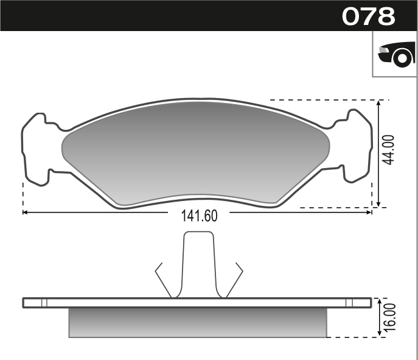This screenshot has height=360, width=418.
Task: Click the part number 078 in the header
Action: (368, 16)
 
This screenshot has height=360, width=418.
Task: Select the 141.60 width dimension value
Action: (199, 216)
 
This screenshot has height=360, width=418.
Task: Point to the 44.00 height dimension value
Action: (389, 150)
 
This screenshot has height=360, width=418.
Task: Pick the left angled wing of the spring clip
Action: (163, 279)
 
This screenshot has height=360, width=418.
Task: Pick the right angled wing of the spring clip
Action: (235, 279)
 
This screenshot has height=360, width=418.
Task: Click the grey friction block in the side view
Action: (198, 322)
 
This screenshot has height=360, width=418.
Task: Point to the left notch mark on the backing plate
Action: (44, 303)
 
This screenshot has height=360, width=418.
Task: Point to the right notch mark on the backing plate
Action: (349, 303)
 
